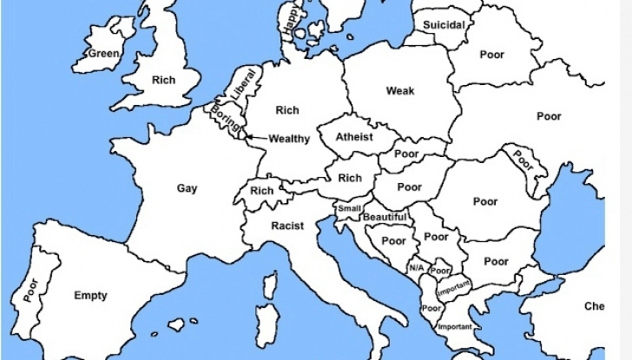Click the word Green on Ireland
click(x=102, y=54)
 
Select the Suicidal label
click(x=444, y=25)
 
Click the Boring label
click(x=227, y=121)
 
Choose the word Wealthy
click(x=289, y=139)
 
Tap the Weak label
click(x=400, y=91)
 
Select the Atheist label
click(x=354, y=137)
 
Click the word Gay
click(x=187, y=188)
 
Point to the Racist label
click(x=287, y=226)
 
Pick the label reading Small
click(x=349, y=208)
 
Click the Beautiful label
click(x=385, y=217)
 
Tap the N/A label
click(x=416, y=267)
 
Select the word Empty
click(x=90, y=296)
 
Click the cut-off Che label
click(x=594, y=306)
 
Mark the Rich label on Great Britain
click(x=163, y=80)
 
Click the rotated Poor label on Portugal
click(x=32, y=289)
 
